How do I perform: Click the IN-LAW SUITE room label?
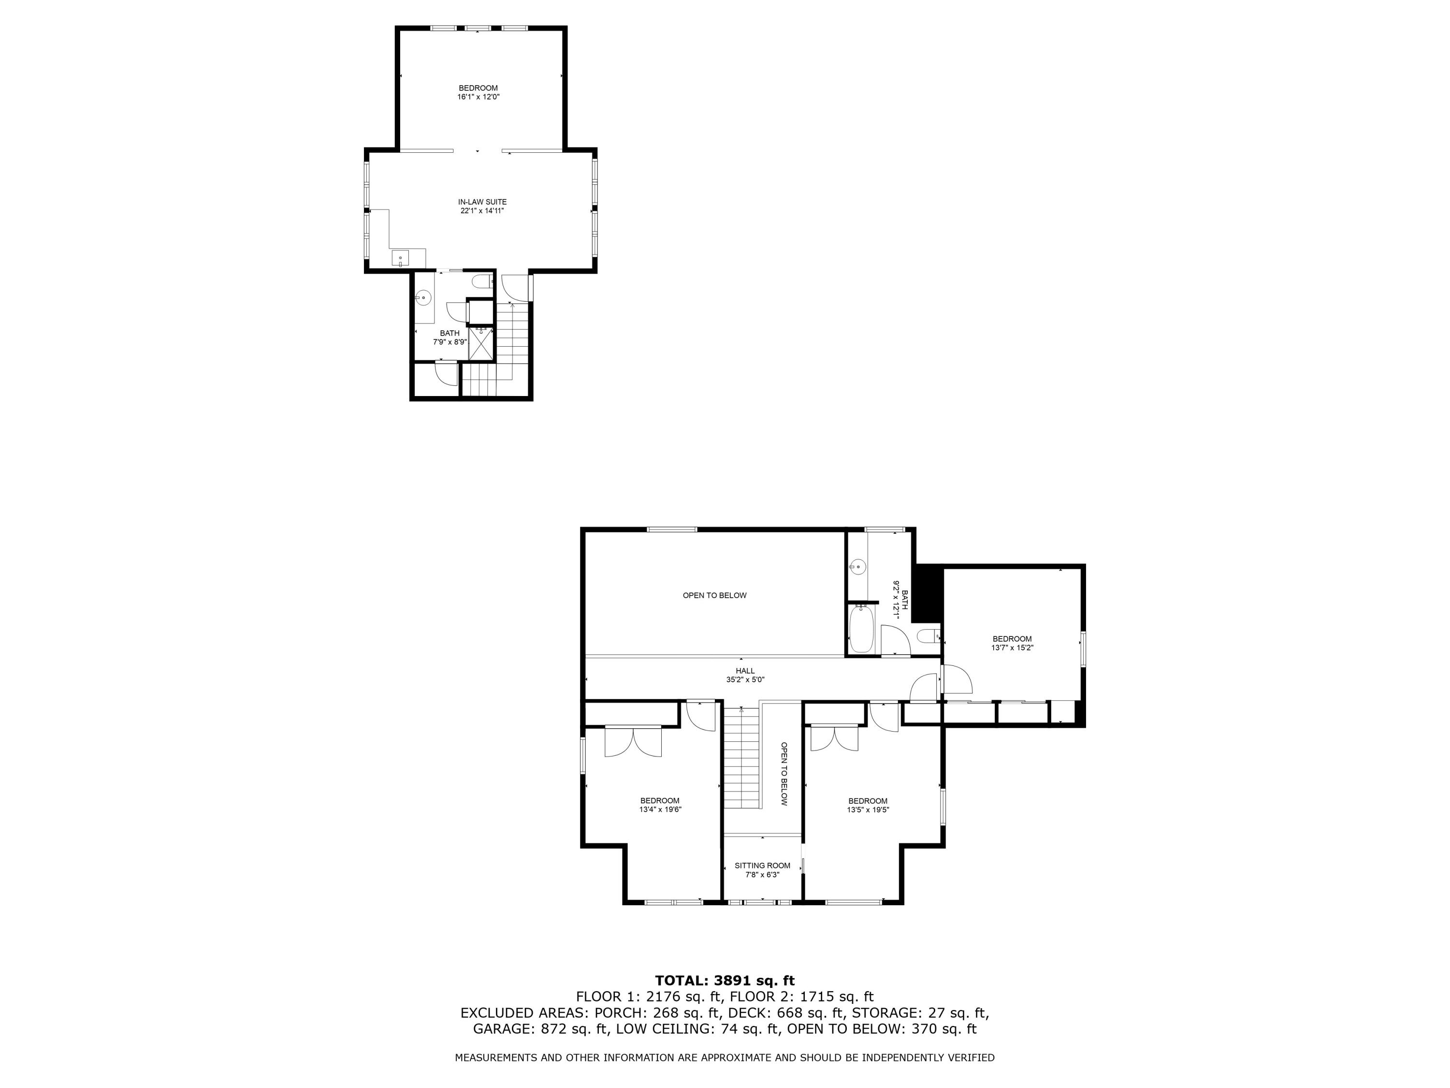[482, 202]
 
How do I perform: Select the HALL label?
[745, 671]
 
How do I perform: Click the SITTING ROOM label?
[762, 866]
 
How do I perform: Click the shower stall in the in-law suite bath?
[481, 343]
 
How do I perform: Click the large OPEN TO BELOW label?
[714, 595]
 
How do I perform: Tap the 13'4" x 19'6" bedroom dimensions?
[660, 809]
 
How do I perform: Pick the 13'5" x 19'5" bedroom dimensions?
[868, 809]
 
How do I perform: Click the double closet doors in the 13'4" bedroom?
[633, 742]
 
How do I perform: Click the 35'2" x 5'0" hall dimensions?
[745, 680]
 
